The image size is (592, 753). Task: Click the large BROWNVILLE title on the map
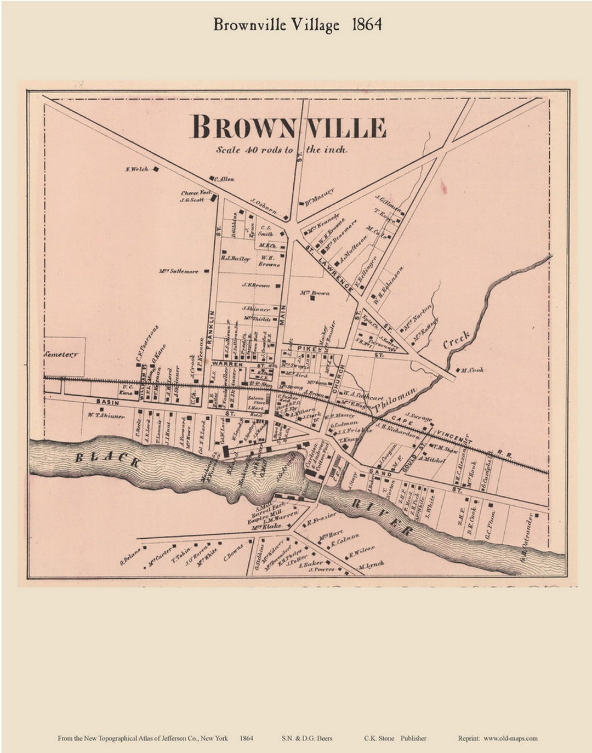(x=288, y=127)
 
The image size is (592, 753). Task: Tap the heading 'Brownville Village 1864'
(x=298, y=25)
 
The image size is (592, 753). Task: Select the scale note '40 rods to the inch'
(x=282, y=150)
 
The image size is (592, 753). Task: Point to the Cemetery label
(x=61, y=355)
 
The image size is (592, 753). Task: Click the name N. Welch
(x=137, y=169)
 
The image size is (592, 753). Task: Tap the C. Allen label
(x=224, y=179)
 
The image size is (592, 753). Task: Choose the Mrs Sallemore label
(x=179, y=271)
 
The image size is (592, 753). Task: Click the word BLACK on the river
(x=107, y=459)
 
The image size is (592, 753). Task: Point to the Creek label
(x=456, y=340)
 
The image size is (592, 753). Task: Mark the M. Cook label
(x=472, y=370)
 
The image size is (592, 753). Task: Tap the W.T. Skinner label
(x=106, y=417)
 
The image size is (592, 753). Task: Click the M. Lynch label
(x=371, y=564)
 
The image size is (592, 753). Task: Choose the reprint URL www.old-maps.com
(x=510, y=738)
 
